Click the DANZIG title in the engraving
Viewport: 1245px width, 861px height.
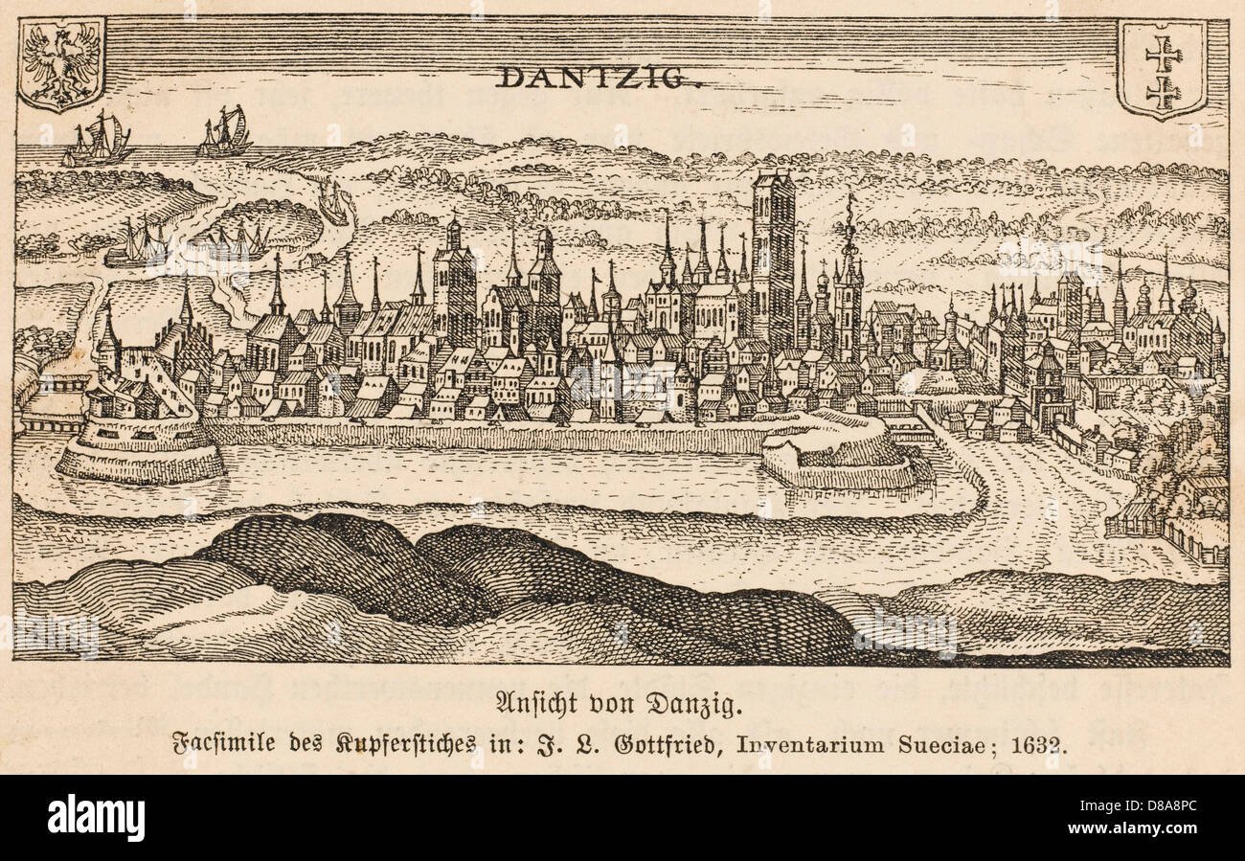coord(598,76)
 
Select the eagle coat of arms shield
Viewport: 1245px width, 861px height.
coord(62,64)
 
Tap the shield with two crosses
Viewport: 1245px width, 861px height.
coord(1163,69)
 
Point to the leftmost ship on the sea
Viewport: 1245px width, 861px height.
coord(97,140)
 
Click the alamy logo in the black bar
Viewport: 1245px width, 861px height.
coord(96,818)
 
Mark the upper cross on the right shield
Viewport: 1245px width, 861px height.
coord(1163,53)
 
